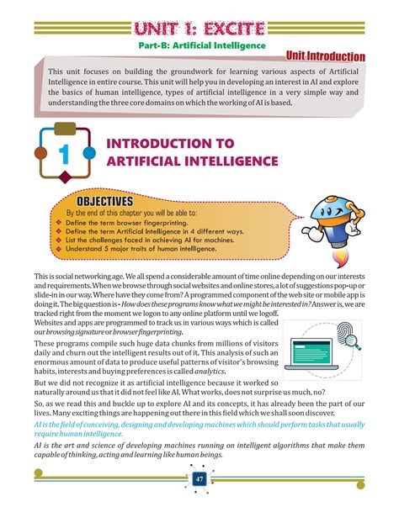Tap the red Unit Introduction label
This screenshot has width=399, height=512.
pyautogui.click(x=325, y=56)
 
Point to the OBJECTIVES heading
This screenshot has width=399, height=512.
pyautogui.click(x=105, y=202)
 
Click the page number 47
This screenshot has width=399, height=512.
pyautogui.click(x=199, y=479)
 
